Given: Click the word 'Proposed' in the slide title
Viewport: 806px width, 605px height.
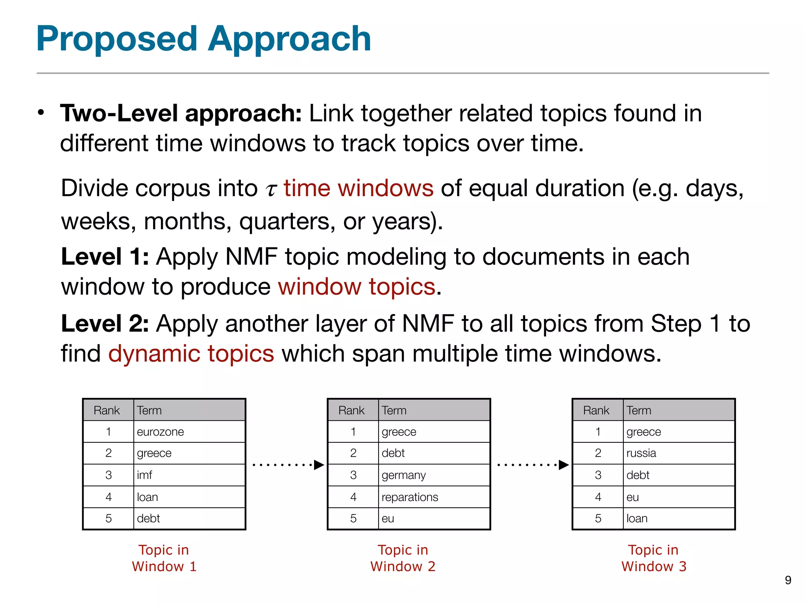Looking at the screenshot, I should pyautogui.click(x=116, y=39).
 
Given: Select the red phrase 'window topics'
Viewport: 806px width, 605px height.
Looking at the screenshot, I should pyautogui.click(x=357, y=286).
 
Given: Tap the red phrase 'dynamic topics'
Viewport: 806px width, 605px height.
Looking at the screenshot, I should pyautogui.click(x=191, y=353).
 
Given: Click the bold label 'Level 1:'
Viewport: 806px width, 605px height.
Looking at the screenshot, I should pyautogui.click(x=105, y=257).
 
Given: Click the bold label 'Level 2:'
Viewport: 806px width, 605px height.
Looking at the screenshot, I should pyautogui.click(x=105, y=324).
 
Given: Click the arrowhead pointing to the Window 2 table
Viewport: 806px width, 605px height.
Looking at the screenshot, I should pyautogui.click(x=319, y=465).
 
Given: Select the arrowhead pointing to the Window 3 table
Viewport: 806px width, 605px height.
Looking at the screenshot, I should pyautogui.click(x=564, y=465).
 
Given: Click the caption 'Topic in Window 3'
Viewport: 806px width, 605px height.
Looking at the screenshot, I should pyautogui.click(x=654, y=558).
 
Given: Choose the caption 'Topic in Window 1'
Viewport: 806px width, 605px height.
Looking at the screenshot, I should pyautogui.click(x=164, y=558).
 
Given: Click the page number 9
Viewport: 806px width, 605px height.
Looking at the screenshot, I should pyautogui.click(x=788, y=580).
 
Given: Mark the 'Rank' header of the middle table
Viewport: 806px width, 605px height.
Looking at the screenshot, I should pyautogui.click(x=351, y=410).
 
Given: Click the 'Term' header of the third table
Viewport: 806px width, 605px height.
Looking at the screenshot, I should pyautogui.click(x=639, y=410).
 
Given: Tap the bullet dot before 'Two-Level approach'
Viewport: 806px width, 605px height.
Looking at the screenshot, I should pyautogui.click(x=41, y=113).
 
